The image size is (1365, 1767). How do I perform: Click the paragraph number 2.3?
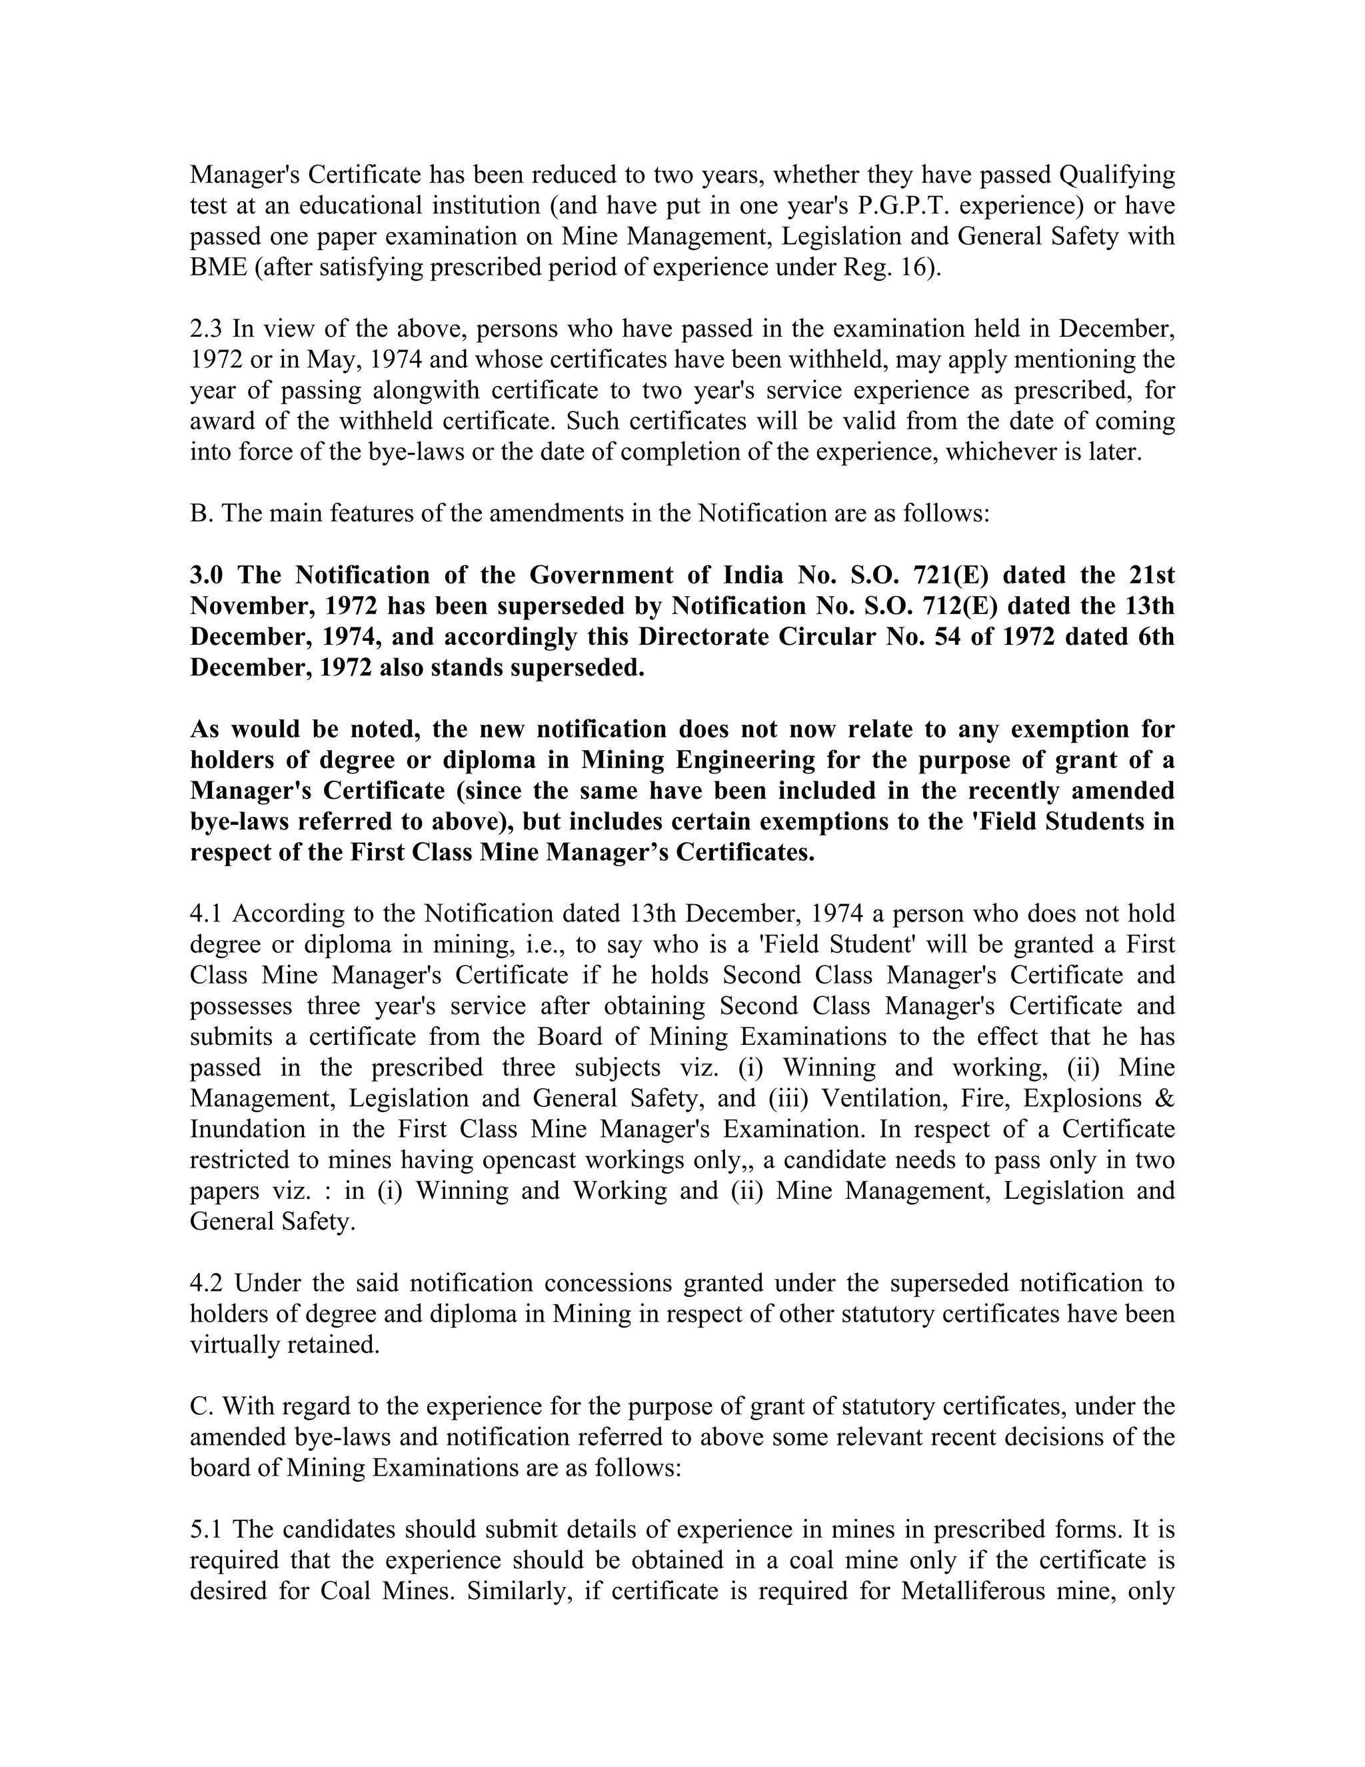coord(207,329)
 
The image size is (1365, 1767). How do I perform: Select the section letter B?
coord(199,513)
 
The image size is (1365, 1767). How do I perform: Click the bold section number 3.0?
coord(207,575)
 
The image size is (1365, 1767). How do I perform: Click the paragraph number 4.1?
coord(207,914)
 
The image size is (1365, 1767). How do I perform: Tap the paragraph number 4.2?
coord(207,1283)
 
